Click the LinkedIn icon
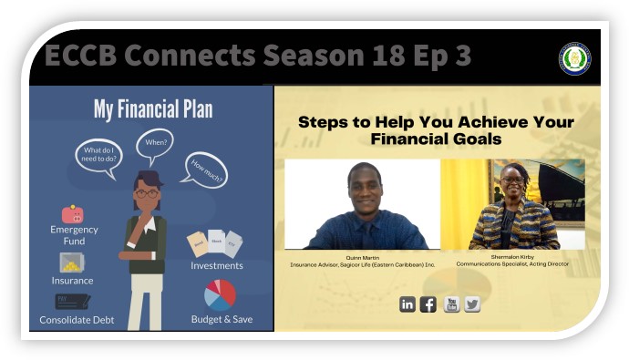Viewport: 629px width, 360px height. coord(407,304)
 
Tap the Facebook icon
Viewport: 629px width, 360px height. coord(428,304)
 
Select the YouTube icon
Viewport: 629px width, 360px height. coord(451,304)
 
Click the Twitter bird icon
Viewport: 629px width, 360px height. coord(472,304)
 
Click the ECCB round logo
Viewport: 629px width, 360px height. coord(574,58)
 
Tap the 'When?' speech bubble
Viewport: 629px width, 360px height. coord(155,143)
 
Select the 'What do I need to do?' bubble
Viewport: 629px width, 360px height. coord(98,156)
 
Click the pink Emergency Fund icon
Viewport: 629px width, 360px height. coord(73,214)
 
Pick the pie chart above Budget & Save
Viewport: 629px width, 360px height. coord(221,294)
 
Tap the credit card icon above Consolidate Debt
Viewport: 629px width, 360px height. coord(73,302)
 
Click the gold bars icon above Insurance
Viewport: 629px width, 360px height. coord(73,262)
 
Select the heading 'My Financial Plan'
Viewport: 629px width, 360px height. coord(153,110)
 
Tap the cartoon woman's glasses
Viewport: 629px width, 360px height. coord(146,193)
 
